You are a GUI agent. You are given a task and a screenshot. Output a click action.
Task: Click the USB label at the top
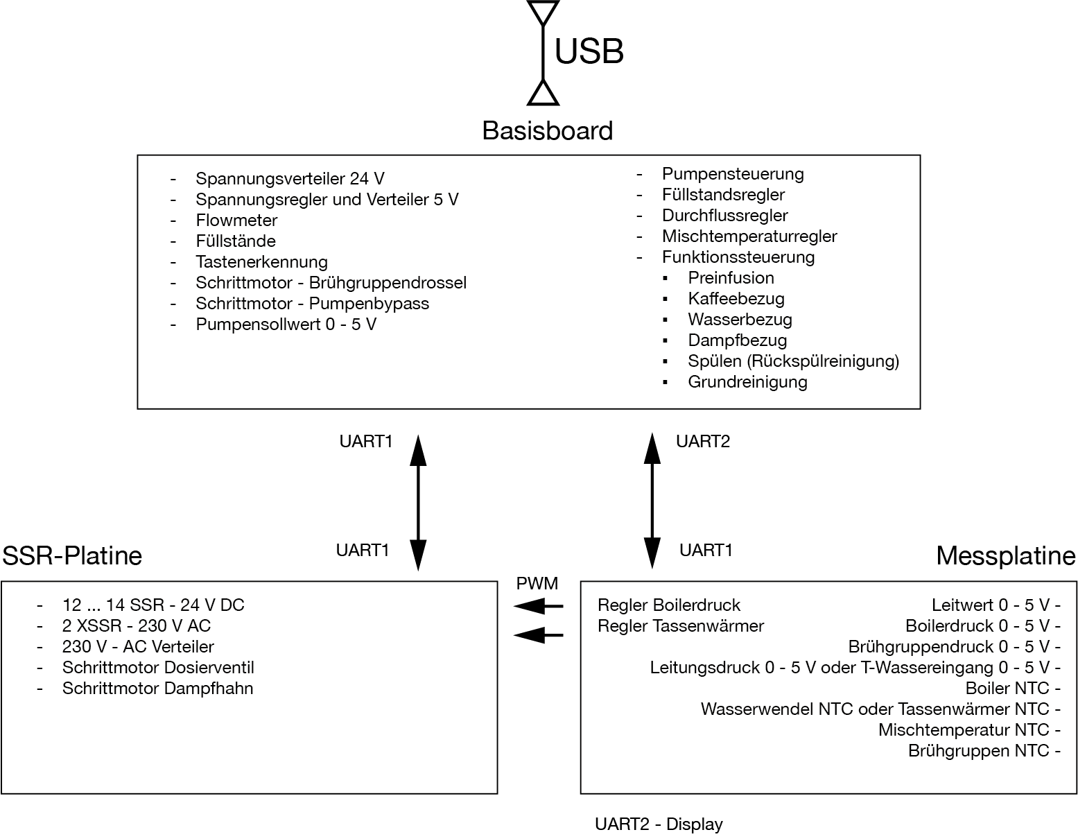(x=589, y=51)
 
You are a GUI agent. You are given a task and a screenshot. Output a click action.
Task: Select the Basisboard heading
(x=547, y=131)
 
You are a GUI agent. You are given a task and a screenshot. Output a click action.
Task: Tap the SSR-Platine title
(x=72, y=555)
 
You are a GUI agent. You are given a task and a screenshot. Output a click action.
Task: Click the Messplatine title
(x=1005, y=555)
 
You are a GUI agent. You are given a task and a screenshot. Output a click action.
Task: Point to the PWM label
(x=537, y=583)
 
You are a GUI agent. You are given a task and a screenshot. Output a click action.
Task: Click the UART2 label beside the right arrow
(x=702, y=442)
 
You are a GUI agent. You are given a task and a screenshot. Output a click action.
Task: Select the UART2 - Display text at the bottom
(x=658, y=824)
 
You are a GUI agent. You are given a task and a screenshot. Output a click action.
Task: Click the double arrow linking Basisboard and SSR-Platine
(x=418, y=502)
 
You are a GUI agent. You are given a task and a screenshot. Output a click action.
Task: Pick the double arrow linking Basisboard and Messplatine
(x=652, y=502)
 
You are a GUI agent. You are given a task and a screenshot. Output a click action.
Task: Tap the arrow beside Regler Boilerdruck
(x=538, y=607)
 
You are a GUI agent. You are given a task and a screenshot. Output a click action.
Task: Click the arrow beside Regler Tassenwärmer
(x=538, y=634)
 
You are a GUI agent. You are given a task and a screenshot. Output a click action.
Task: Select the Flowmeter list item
(x=236, y=220)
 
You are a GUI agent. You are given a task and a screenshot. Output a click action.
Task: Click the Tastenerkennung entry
(x=261, y=262)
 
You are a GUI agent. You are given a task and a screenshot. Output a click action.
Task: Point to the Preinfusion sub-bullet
(x=731, y=278)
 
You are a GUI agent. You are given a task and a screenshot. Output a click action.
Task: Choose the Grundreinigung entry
(x=747, y=382)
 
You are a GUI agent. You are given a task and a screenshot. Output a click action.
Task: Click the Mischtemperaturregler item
(x=749, y=236)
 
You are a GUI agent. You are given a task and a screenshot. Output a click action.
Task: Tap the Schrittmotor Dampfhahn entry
(x=157, y=689)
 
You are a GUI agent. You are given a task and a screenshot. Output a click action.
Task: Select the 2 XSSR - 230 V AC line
(x=136, y=626)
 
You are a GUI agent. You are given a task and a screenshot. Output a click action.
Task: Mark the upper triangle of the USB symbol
(x=543, y=12)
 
